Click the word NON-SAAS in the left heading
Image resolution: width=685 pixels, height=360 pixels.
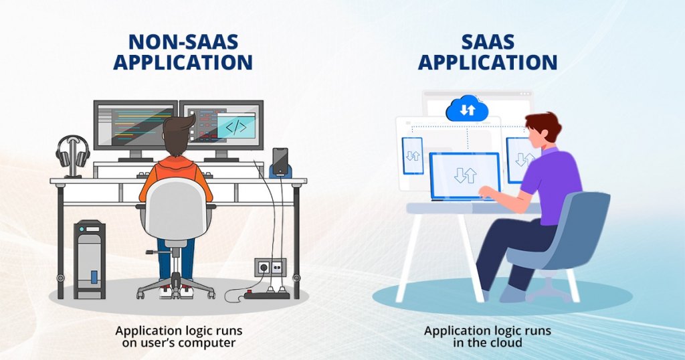point(183,41)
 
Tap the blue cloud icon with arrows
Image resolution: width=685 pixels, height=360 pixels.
point(467,109)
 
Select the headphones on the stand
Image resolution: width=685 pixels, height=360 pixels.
point(72,153)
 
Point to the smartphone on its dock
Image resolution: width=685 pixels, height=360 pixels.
point(280,161)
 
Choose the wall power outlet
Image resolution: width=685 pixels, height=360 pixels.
point(270,267)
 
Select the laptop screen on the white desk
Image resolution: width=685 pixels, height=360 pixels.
point(464,175)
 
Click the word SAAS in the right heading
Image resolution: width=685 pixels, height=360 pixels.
point(488,41)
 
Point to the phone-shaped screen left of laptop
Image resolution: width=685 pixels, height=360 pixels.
point(412,155)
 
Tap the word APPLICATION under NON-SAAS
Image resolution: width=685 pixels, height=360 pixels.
point(183,62)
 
